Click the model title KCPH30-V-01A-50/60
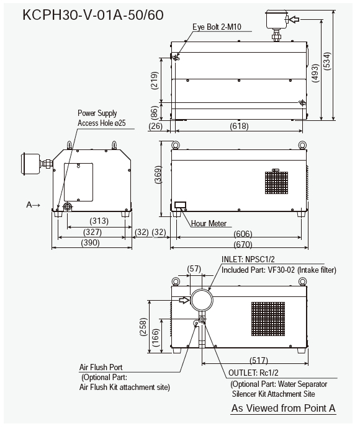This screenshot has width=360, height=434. pos(93,15)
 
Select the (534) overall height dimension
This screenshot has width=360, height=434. pos(327,61)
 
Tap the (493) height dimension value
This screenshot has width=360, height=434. pos(315,73)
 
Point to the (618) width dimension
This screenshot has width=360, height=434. pos(239,126)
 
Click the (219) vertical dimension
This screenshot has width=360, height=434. pos(155,80)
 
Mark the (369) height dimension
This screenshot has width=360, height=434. pos(158,175)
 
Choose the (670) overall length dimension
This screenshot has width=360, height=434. pos(243,244)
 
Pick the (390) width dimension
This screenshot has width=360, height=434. pos(91,243)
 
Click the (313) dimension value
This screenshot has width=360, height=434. pos(99,221)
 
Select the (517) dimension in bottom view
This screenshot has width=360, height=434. pos(259,360)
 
